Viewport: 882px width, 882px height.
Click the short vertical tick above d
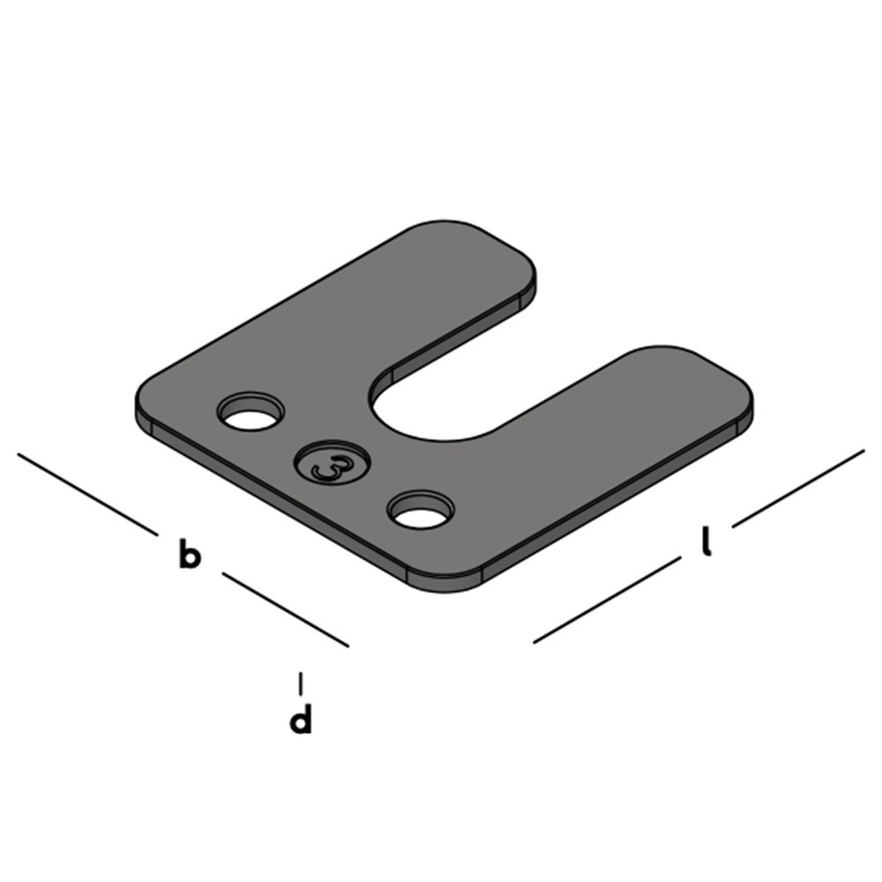pyautogui.click(x=302, y=683)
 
